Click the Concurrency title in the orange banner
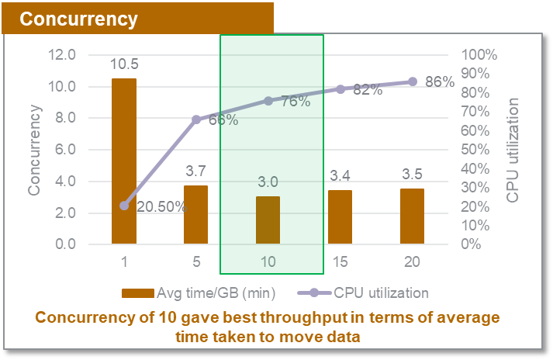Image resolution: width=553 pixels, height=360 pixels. pos(78,19)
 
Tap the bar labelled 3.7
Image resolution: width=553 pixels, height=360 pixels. pos(195,215)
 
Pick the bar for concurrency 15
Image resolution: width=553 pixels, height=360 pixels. pos(340,217)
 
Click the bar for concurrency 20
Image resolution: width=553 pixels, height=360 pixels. pos(412,216)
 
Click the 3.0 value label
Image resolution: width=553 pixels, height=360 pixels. pos(268,182)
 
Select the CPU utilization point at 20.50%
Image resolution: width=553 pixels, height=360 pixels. pos(124,206)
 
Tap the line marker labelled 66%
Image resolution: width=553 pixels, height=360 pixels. pos(196,119)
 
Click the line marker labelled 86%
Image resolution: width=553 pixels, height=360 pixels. pos(412,81)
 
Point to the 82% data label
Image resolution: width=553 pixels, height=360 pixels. pos(368,90)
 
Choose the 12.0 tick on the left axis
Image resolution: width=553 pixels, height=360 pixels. pos(63,55)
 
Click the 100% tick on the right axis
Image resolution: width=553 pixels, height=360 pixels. pos(480,55)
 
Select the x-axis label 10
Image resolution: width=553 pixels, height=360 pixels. pos(268,262)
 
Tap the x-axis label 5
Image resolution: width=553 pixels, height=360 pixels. pos(195,262)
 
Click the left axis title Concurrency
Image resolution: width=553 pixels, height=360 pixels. pos(36,150)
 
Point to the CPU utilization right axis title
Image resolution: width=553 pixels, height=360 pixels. pos(513,150)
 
